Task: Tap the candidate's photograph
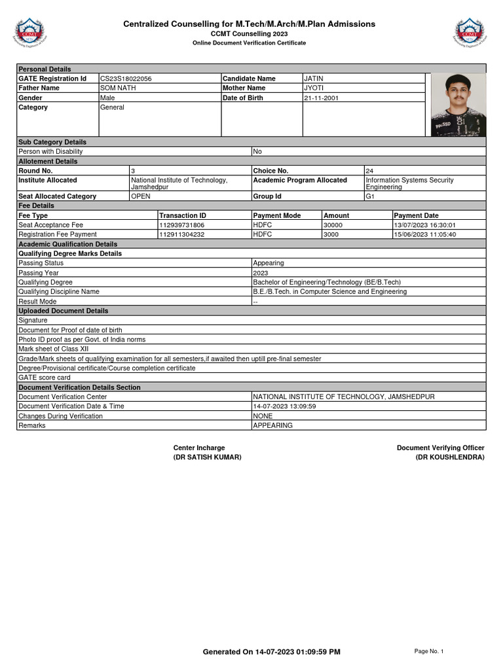click(x=458, y=104)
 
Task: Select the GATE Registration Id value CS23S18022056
click(x=126, y=79)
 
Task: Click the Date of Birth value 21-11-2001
click(x=322, y=98)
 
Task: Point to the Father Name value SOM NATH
click(x=118, y=88)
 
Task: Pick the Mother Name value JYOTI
click(x=314, y=88)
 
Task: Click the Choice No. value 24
click(x=369, y=171)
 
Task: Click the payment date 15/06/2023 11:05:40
click(x=425, y=234)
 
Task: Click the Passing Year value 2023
click(x=260, y=273)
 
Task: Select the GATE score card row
click(x=45, y=378)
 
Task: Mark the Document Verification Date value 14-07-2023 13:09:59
click(x=285, y=406)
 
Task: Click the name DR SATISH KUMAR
click(x=207, y=457)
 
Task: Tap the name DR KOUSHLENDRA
click(x=450, y=457)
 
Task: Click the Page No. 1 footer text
click(x=429, y=651)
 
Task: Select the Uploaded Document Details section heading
click(x=63, y=311)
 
